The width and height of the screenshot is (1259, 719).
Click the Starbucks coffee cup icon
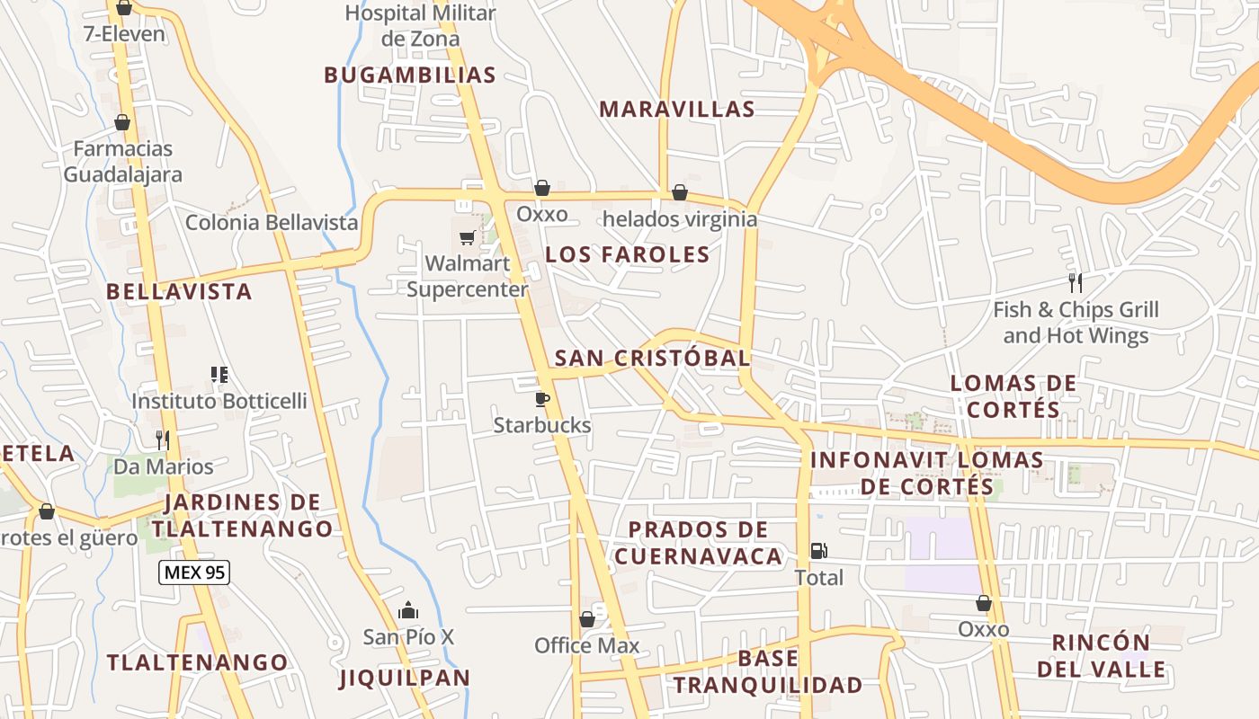541,398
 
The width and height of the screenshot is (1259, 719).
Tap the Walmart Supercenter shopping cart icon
467,237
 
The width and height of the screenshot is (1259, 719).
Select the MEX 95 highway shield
194,572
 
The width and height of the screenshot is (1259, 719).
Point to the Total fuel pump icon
818,550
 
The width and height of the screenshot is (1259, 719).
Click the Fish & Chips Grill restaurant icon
1075,283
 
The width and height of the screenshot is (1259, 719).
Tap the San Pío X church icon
408,611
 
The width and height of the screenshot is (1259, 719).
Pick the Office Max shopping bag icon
587,619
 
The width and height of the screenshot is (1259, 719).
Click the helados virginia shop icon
680,192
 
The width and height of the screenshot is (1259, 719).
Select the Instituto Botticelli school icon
219,374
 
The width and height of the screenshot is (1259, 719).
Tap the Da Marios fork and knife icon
163,439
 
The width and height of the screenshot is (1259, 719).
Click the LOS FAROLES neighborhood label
628,254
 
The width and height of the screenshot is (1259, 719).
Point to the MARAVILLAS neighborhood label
676,110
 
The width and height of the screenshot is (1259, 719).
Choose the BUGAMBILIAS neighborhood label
410,75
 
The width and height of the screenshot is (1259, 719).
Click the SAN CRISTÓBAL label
652,358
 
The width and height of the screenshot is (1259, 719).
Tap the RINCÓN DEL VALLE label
1101,656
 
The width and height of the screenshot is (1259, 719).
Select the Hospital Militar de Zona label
420,26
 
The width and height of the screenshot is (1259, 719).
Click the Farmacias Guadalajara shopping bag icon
122,122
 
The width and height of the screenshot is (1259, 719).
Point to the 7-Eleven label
124,34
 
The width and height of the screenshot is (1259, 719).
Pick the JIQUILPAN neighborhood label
405,678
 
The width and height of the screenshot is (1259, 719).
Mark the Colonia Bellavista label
272,222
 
